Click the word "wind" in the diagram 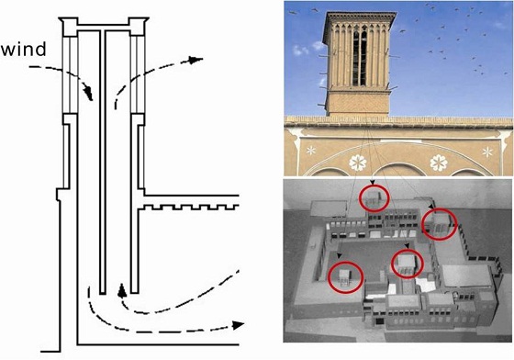pos(24,50)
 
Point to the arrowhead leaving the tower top pos(196,60)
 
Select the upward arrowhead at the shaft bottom pos(122,290)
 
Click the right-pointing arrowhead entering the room pos(239,325)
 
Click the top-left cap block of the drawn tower pos(70,27)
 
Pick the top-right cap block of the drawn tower pos(139,27)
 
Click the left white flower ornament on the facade pos(358,163)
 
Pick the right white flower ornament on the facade pos(439,163)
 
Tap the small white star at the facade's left pos(311,151)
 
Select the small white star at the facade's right pos(487,152)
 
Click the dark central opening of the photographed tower pos(360,58)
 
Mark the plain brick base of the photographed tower pos(358,103)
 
